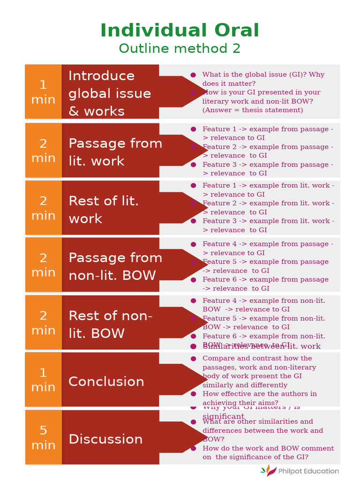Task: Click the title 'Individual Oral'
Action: point(180,30)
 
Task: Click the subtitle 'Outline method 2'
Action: point(180,48)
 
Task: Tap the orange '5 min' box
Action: point(43,437)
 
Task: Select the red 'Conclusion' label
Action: point(106,381)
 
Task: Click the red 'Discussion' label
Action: point(105,439)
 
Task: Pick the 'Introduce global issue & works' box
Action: point(110,93)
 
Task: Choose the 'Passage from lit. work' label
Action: point(115,152)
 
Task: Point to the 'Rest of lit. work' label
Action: point(104,210)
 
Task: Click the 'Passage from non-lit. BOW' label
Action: point(115,266)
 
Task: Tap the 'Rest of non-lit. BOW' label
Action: point(111,324)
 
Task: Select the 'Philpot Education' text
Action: point(308,471)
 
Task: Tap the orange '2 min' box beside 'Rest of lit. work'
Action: point(43,208)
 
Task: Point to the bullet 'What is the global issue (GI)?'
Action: point(263,79)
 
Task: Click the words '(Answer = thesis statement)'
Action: point(253,110)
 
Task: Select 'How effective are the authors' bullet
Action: point(259,398)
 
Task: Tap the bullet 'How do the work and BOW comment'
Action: point(268,452)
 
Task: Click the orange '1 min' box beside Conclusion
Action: point(43,380)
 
